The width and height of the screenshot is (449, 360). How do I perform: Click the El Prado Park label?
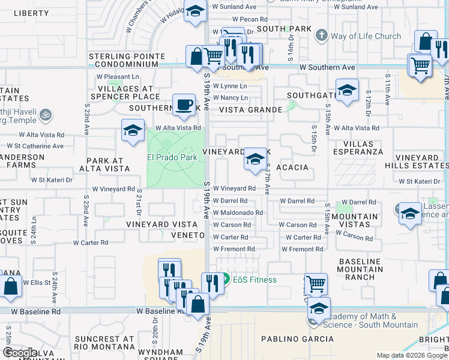coord(172,158)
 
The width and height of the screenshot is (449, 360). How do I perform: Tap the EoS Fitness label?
coord(255,280)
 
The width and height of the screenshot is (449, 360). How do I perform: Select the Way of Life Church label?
coord(366,36)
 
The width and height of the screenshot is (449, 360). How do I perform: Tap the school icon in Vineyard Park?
coord(255,160)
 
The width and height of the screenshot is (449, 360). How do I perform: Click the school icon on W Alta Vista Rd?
coord(133,130)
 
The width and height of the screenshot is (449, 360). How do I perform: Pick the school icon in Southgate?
coord(347,91)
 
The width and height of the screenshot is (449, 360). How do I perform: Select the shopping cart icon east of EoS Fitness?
coord(315,283)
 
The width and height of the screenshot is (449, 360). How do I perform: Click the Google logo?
coord(20,352)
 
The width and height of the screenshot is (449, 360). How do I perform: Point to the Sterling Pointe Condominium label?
coord(127,60)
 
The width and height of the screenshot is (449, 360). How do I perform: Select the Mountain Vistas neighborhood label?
coord(355,221)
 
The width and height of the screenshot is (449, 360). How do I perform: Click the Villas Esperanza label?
coord(363,148)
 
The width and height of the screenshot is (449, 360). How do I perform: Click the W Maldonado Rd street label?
coord(238,212)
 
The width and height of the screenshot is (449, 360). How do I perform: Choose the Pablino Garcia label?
coord(297,339)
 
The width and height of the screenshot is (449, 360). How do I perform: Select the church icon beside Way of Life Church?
coord(322,35)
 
